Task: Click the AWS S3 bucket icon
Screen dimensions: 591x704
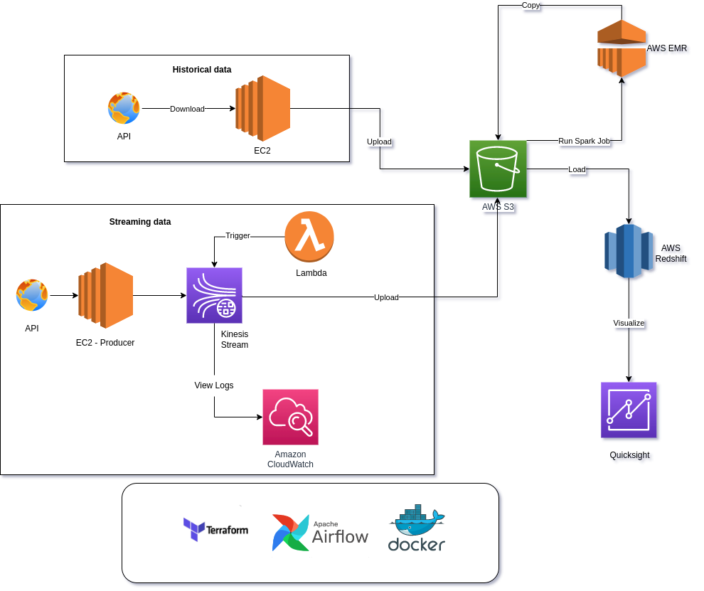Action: click(498, 169)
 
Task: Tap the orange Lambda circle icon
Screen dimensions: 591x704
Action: click(309, 237)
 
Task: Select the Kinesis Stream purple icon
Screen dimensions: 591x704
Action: click(214, 295)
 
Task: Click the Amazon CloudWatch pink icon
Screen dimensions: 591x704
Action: click(290, 417)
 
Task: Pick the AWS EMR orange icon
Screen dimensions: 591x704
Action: click(622, 48)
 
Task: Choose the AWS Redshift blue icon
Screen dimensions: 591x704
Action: click(629, 250)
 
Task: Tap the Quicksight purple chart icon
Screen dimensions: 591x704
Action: click(629, 410)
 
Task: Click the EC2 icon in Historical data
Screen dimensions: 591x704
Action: click(263, 108)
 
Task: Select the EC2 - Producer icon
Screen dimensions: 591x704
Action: click(106, 295)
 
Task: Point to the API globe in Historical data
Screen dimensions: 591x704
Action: click(124, 108)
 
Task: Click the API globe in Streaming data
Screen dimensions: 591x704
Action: click(32, 295)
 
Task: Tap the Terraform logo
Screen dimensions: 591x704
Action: click(215, 530)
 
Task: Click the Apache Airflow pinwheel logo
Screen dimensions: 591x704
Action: click(290, 533)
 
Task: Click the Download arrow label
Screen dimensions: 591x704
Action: click(187, 109)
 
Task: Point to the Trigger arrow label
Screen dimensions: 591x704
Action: click(238, 235)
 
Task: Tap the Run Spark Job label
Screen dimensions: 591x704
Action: click(584, 141)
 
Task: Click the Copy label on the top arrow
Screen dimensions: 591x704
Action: click(530, 5)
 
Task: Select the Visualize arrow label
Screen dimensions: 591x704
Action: click(629, 323)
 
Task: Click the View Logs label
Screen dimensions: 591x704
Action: click(214, 385)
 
